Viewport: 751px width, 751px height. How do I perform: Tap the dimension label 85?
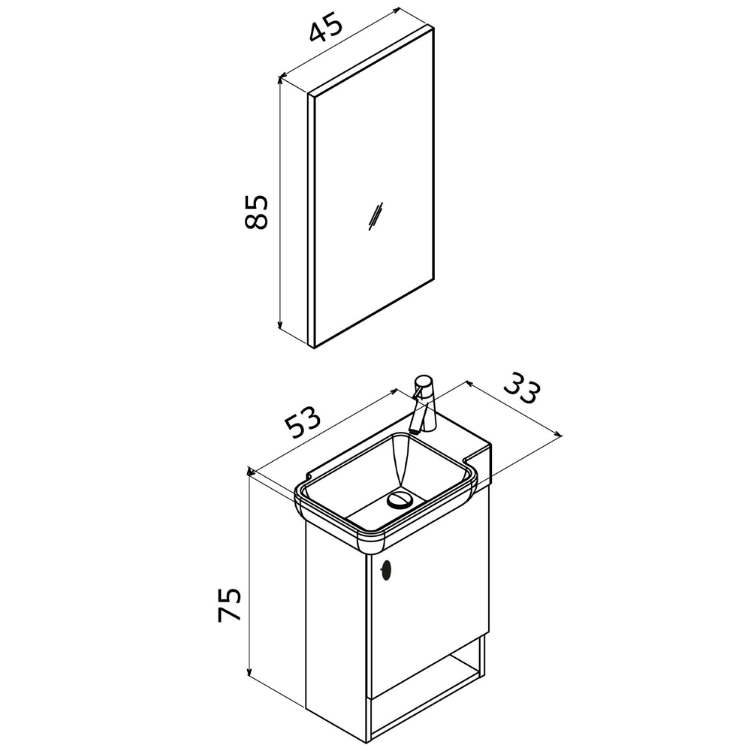click(255, 212)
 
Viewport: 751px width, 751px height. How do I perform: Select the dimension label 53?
click(302, 421)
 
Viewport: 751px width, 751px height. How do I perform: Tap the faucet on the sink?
click(424, 404)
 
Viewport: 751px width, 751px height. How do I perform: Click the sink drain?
click(399, 499)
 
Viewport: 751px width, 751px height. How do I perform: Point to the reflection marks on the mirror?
click(375, 216)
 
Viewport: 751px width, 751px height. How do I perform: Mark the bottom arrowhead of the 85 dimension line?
click(281, 326)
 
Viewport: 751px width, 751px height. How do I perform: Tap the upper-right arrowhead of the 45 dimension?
click(395, 11)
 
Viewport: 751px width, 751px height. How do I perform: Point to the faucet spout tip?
click(413, 432)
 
